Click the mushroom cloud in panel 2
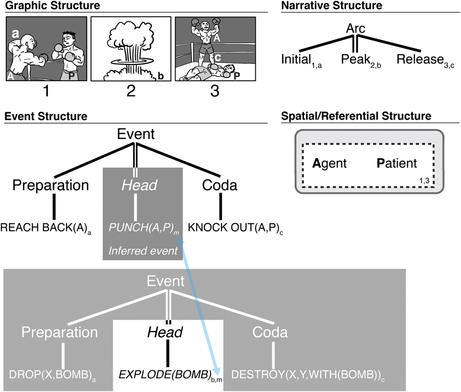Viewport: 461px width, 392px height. tap(130, 47)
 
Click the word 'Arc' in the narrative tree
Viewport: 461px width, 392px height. tap(356, 29)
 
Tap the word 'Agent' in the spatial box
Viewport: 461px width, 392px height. tap(330, 164)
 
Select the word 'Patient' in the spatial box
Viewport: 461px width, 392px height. tap(397, 164)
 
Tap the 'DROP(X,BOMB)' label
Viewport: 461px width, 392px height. tap(46, 373)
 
